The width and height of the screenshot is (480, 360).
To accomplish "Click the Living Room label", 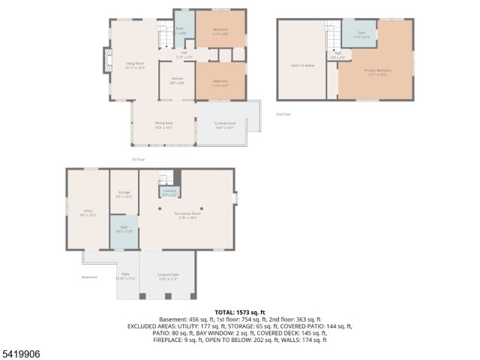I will click(133, 66).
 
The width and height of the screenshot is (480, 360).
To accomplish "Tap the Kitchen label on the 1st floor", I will click(177, 79).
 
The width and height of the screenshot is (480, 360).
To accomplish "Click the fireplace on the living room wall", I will click(105, 61).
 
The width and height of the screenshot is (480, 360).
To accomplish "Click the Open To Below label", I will click(302, 65).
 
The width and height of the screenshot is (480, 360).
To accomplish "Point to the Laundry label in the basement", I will click(170, 193).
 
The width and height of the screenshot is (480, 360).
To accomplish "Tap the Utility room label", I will click(88, 213).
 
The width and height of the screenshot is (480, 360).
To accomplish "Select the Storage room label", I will click(124, 194).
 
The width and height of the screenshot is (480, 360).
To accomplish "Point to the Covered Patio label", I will click(167, 276).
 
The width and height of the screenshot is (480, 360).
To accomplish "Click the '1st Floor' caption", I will click(138, 160).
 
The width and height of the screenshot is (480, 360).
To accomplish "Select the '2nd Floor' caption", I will click(283, 114).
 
